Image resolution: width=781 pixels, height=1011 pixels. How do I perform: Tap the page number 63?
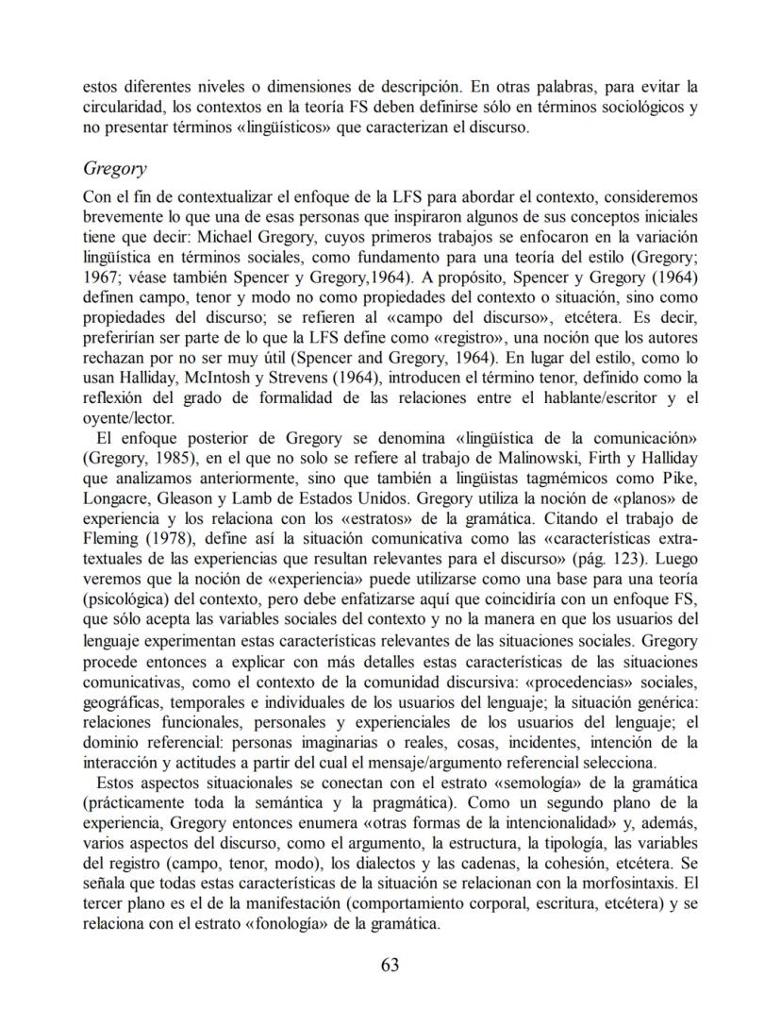click(x=390, y=964)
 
